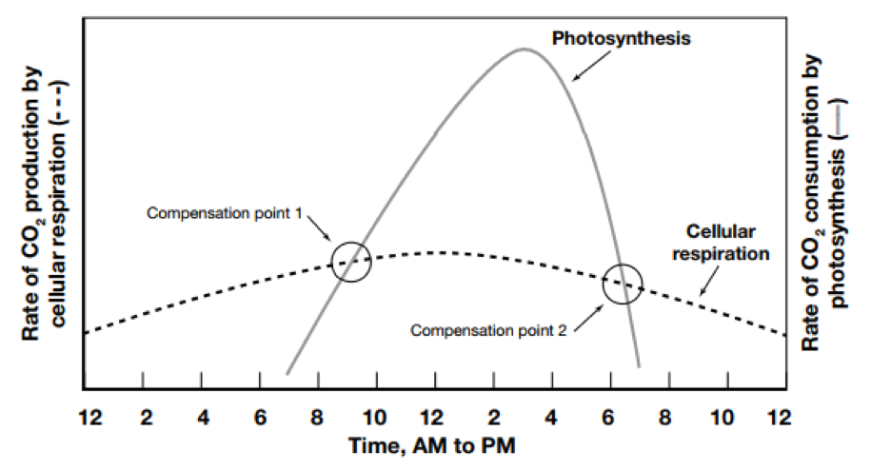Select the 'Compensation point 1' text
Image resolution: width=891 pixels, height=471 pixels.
(224, 213)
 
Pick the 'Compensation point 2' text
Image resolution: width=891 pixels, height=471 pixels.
(487, 330)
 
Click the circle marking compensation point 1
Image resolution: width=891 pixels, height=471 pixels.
(350, 262)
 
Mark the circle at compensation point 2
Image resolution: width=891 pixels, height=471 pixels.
(623, 284)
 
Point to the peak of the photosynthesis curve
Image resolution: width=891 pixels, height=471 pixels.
(524, 49)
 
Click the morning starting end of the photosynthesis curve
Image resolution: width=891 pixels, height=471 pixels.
(287, 371)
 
